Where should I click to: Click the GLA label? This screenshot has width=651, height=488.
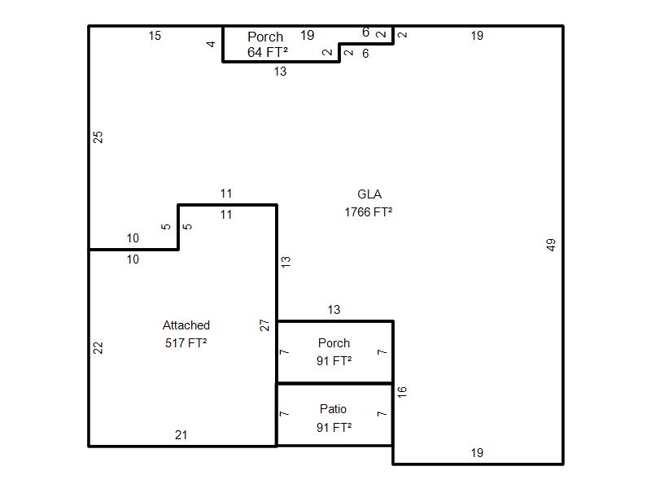pos(369,194)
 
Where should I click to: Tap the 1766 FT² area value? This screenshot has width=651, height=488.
pos(369,212)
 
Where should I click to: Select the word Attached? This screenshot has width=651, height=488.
pos(186,325)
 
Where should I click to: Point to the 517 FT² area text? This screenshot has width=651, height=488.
pos(186,343)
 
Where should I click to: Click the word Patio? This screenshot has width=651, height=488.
pos(334,409)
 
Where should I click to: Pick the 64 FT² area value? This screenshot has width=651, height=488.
pos(268,52)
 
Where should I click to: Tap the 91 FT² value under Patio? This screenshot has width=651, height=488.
pos(334,427)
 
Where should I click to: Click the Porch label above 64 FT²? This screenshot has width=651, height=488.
pos(265,37)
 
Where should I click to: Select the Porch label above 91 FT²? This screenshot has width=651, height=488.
pos(334,343)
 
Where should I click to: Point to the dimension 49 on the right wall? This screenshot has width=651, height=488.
pos(551,244)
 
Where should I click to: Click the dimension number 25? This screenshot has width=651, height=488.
pos(98,137)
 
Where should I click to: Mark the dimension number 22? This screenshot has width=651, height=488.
pos(98,347)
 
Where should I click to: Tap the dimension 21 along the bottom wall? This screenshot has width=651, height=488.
pos(181,435)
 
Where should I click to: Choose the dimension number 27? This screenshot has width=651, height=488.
pos(265,325)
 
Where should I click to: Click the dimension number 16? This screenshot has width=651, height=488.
pos(402,391)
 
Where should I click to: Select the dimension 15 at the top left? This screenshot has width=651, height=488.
pos(155,36)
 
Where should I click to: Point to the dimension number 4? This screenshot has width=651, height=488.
pos(211,44)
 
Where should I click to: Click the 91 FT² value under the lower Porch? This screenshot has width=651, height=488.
pos(334,361)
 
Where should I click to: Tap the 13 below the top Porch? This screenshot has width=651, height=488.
pos(280,72)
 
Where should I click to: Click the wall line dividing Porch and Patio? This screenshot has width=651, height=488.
pos(334,383)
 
